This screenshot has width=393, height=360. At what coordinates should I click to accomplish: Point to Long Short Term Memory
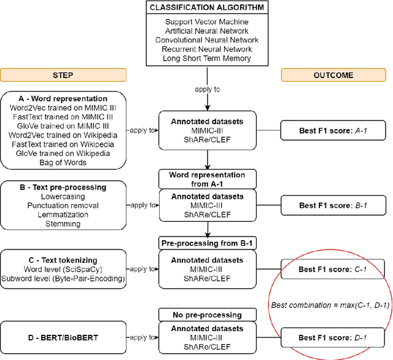(207, 58)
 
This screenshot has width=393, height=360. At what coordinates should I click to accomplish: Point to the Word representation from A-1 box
(207, 179)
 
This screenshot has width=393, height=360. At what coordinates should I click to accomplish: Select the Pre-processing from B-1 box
(207, 243)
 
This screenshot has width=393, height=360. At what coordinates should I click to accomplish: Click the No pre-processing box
(207, 315)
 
